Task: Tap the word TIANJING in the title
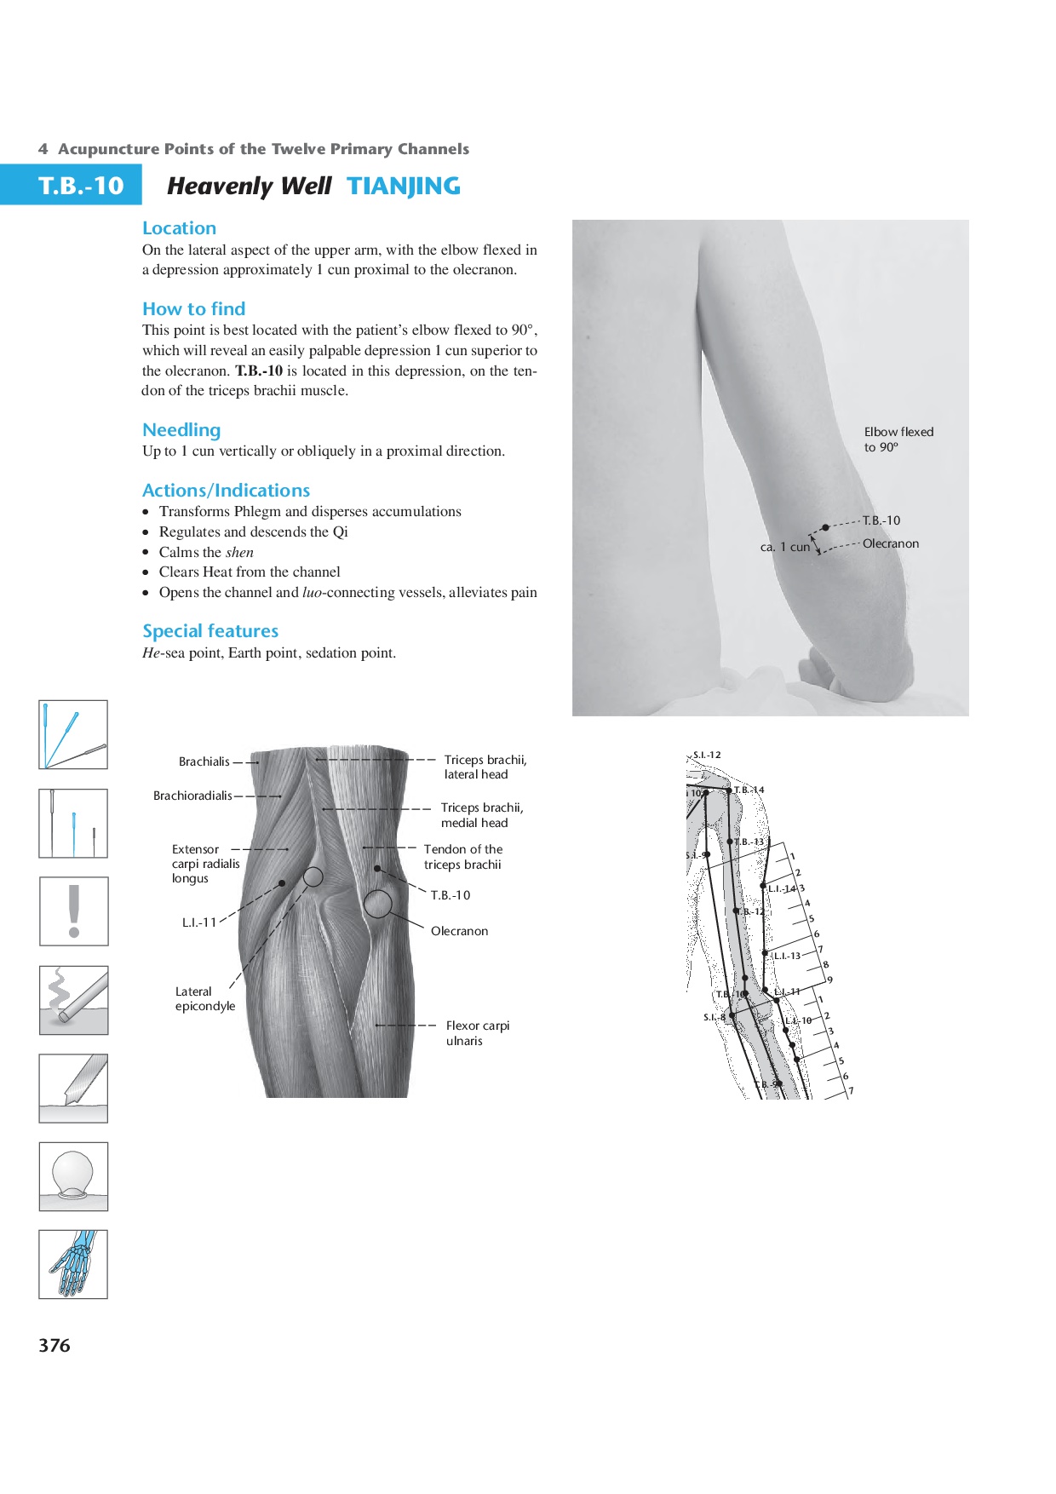(x=404, y=186)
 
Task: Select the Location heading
(x=179, y=228)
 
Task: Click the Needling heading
(x=181, y=430)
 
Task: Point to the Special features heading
(x=210, y=631)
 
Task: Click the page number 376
(x=55, y=1346)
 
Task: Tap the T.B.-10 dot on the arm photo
(x=825, y=527)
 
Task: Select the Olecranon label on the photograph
(x=891, y=543)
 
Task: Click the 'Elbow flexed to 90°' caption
(x=898, y=440)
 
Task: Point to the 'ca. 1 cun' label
(x=784, y=547)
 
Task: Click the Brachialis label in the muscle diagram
(x=204, y=761)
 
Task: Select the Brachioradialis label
(x=192, y=796)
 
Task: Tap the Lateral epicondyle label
(x=205, y=998)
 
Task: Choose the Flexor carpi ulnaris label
(x=478, y=1033)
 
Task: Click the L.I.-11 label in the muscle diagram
(x=199, y=922)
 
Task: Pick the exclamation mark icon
(x=74, y=911)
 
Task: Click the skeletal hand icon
(x=74, y=1264)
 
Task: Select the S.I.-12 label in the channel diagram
(x=707, y=755)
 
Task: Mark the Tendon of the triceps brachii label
(x=463, y=857)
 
